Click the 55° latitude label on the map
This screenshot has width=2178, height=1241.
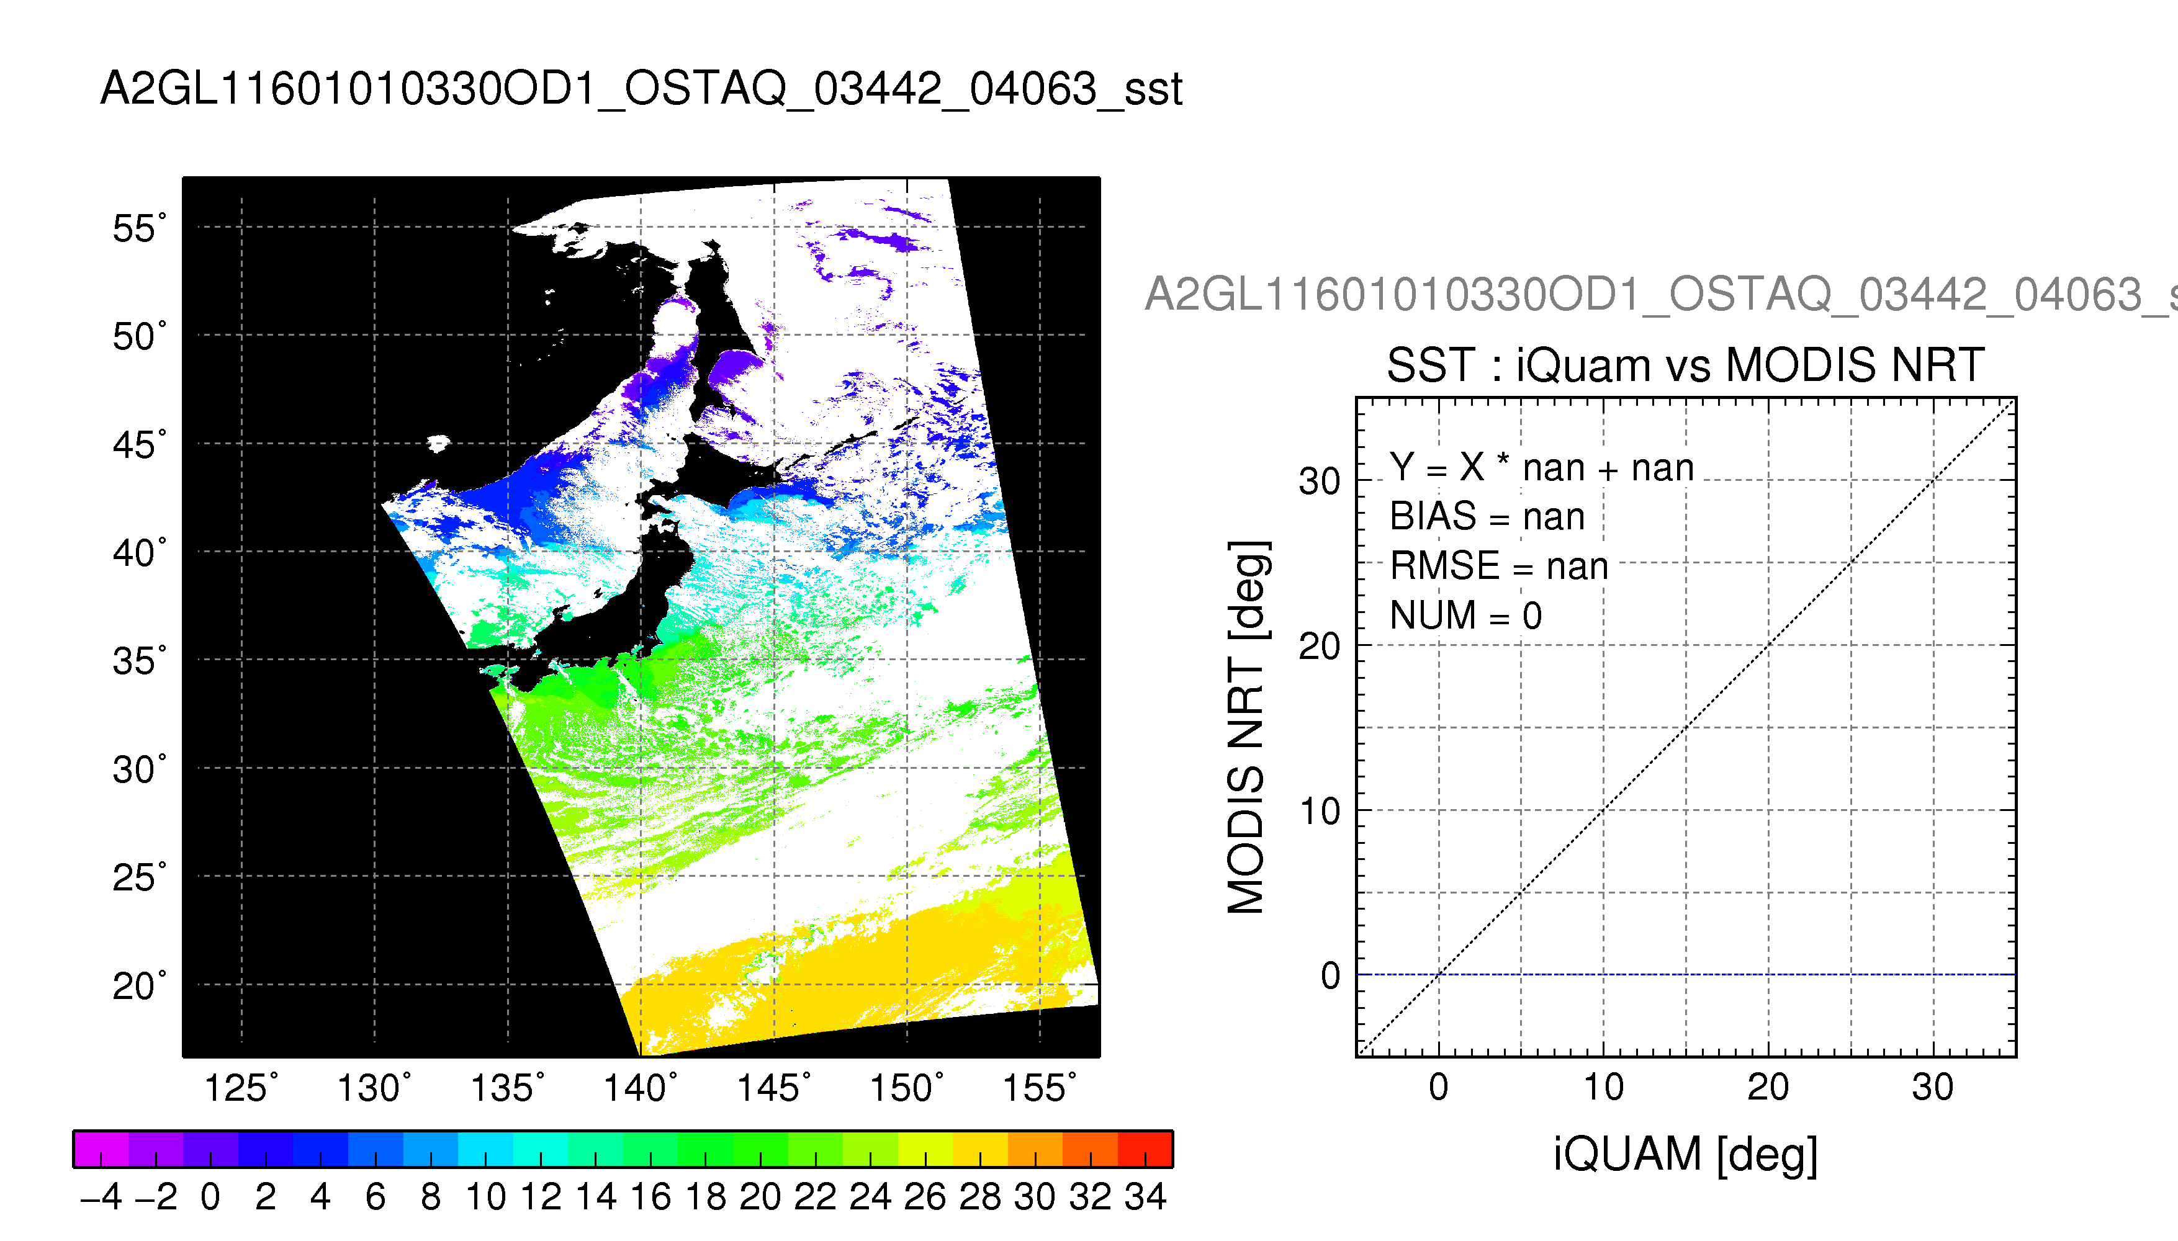[140, 228]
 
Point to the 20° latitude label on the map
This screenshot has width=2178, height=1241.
[140, 986]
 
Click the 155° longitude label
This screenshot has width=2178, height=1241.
[1039, 1088]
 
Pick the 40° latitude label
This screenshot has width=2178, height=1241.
[140, 553]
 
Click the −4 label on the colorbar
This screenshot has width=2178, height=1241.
[101, 1197]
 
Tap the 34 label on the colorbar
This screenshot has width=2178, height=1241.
[1145, 1197]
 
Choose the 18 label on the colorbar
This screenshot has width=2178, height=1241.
[706, 1197]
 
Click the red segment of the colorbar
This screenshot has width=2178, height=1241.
[1145, 1149]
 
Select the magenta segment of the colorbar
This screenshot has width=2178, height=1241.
[101, 1149]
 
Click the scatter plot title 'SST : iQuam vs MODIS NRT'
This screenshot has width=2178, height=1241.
[1685, 365]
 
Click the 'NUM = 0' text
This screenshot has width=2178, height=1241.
[1466, 616]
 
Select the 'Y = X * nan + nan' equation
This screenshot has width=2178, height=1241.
[1542, 467]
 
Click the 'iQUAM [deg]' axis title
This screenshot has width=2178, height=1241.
[1685, 1155]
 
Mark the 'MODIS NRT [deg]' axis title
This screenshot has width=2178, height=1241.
[1247, 727]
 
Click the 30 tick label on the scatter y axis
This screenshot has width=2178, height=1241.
[1320, 482]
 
